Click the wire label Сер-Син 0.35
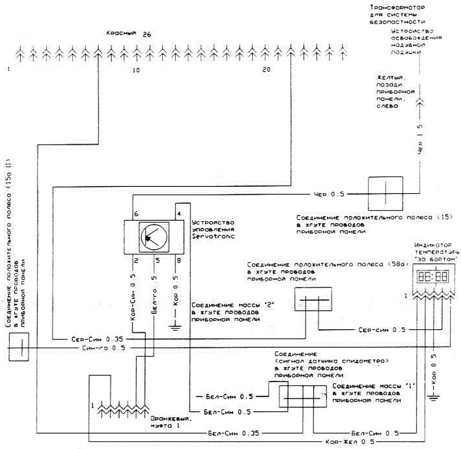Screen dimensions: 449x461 coord(91,339)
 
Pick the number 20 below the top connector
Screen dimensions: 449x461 coord(266,70)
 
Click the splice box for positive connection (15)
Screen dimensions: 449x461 coord(385,193)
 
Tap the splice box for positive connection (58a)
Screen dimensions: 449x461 coord(313,299)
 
